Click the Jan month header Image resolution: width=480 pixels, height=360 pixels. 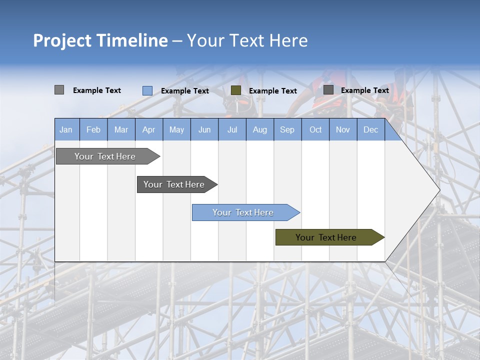66,129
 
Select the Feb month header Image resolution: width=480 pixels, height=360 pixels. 93,129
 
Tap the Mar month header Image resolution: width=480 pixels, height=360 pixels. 121,129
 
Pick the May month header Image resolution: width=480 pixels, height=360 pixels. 176,129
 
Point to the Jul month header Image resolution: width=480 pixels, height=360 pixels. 232,129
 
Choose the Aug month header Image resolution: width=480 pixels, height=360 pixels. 259,129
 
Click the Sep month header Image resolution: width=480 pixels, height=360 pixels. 287,129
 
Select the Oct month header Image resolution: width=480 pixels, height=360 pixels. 315,129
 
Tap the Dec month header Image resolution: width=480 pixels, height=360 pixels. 370,129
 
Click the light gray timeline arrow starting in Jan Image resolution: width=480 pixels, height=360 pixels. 105,156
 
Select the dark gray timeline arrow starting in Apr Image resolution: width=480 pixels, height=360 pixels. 174,184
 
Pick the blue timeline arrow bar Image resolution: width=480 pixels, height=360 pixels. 243,212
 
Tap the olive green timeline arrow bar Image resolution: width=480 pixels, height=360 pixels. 326,237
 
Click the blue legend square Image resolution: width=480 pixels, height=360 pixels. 147,90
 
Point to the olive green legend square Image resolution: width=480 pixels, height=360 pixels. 236,90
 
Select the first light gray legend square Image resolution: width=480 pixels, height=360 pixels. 59,90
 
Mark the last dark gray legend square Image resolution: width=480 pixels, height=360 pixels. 328,89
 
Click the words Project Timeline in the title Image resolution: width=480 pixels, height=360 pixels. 100,40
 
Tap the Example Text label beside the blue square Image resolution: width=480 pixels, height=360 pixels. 185,91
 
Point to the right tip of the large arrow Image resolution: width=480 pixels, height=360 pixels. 438,190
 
